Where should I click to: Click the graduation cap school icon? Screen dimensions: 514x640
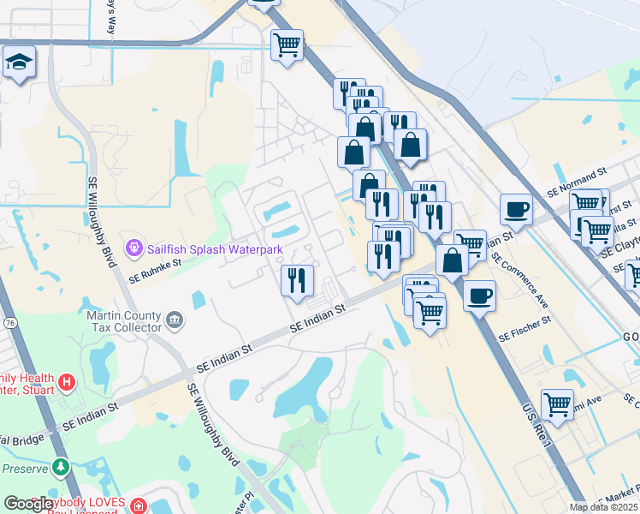click(x=18, y=63)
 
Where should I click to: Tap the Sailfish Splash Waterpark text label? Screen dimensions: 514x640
click(x=214, y=249)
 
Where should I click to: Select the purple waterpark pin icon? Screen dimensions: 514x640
click(x=133, y=248)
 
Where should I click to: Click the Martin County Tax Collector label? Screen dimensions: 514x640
click(x=124, y=321)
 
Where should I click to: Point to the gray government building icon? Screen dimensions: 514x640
click(x=175, y=320)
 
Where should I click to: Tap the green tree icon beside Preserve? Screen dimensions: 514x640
click(x=59, y=467)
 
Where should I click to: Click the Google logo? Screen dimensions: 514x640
click(x=28, y=504)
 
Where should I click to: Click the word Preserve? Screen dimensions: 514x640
click(x=21, y=469)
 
